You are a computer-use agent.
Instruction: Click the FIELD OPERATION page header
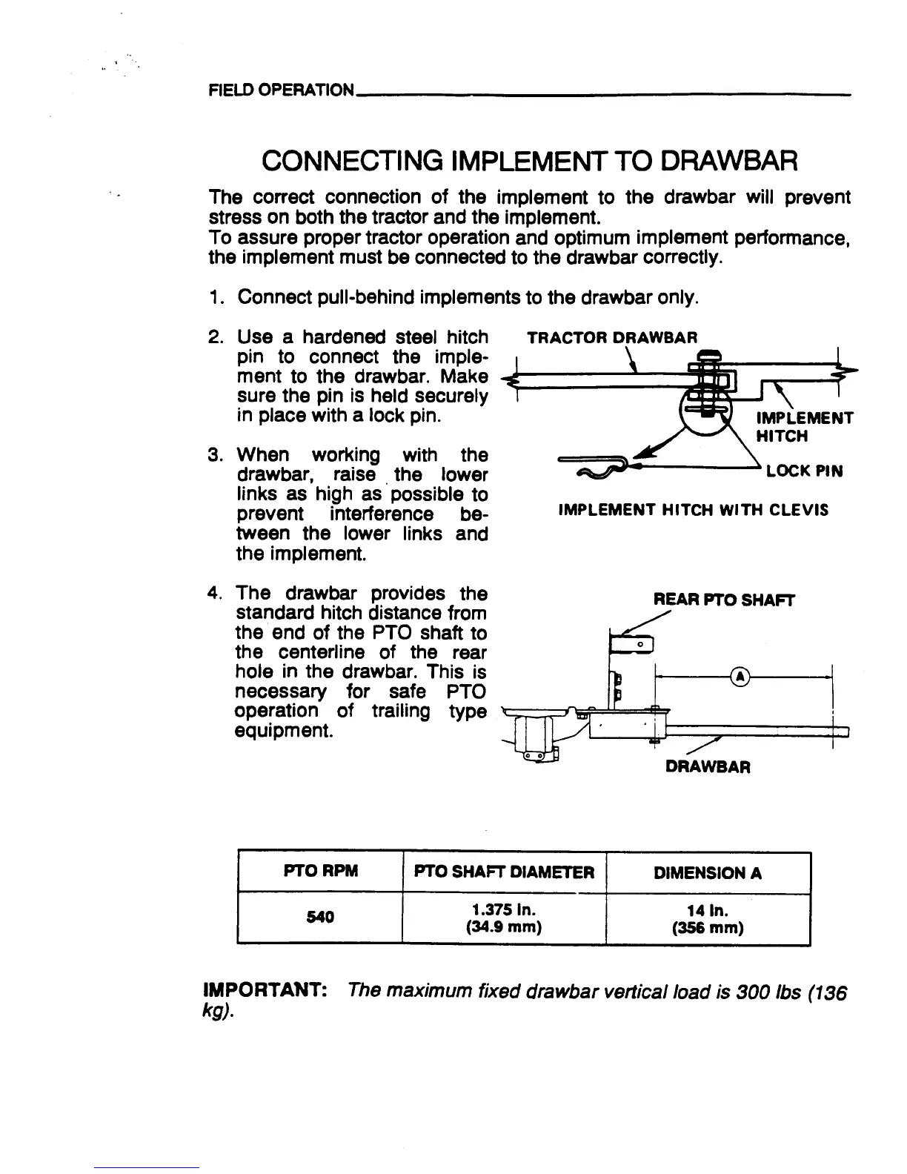[x=281, y=90]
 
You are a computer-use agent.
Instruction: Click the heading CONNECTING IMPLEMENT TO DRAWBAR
[x=529, y=160]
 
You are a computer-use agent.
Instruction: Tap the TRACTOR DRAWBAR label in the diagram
[x=611, y=338]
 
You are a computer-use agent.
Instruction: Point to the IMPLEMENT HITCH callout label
[x=804, y=426]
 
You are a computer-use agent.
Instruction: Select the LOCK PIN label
[x=804, y=471]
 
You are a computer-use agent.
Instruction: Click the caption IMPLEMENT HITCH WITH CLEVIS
[x=693, y=510]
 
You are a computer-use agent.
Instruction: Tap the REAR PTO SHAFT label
[x=723, y=601]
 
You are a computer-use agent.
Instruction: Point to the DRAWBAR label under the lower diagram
[x=708, y=767]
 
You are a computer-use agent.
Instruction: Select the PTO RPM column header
[x=320, y=872]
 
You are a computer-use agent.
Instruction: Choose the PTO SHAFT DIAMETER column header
[x=504, y=872]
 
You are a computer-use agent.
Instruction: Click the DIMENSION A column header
[x=708, y=872]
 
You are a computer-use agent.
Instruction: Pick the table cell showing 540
[x=320, y=917]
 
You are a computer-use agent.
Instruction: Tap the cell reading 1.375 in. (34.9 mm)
[x=504, y=918]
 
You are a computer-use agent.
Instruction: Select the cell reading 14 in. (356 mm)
[x=708, y=918]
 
